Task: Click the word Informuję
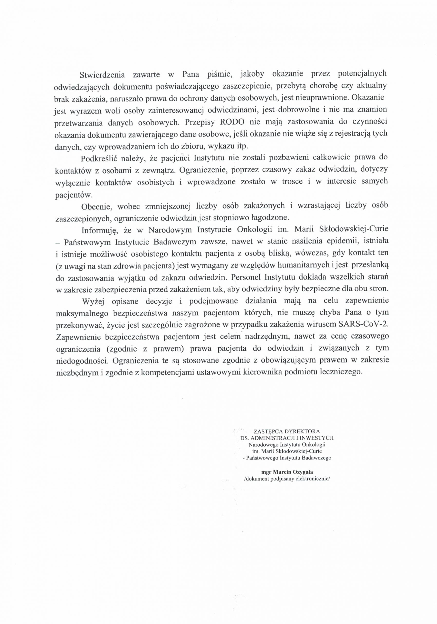click(99, 230)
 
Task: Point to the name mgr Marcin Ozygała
click(286, 472)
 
